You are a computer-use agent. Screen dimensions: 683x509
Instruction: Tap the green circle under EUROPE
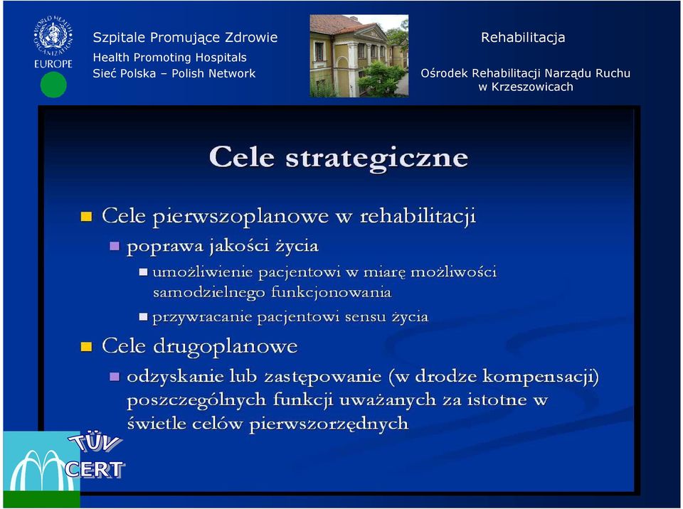53,85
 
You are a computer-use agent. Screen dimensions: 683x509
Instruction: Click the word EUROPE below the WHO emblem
53,63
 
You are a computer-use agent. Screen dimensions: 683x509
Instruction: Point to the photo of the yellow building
359,55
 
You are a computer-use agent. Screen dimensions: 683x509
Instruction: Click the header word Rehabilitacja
523,38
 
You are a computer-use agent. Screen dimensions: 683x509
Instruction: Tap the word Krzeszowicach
532,87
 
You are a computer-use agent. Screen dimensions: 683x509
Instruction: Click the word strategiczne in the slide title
377,158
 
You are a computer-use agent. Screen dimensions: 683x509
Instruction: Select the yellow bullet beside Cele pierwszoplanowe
86,216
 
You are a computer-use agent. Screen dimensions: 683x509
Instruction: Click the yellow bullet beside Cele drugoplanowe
86,347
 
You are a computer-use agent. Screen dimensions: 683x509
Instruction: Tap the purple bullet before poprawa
114,247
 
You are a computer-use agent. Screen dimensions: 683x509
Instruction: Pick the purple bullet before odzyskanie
114,376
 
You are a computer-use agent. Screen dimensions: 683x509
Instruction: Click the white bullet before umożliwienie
143,272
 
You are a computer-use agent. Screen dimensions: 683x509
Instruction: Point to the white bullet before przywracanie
143,316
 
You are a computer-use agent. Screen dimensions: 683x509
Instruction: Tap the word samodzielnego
208,292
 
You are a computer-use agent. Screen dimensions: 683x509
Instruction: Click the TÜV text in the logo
95,443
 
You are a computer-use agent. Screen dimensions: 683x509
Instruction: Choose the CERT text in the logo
95,469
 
